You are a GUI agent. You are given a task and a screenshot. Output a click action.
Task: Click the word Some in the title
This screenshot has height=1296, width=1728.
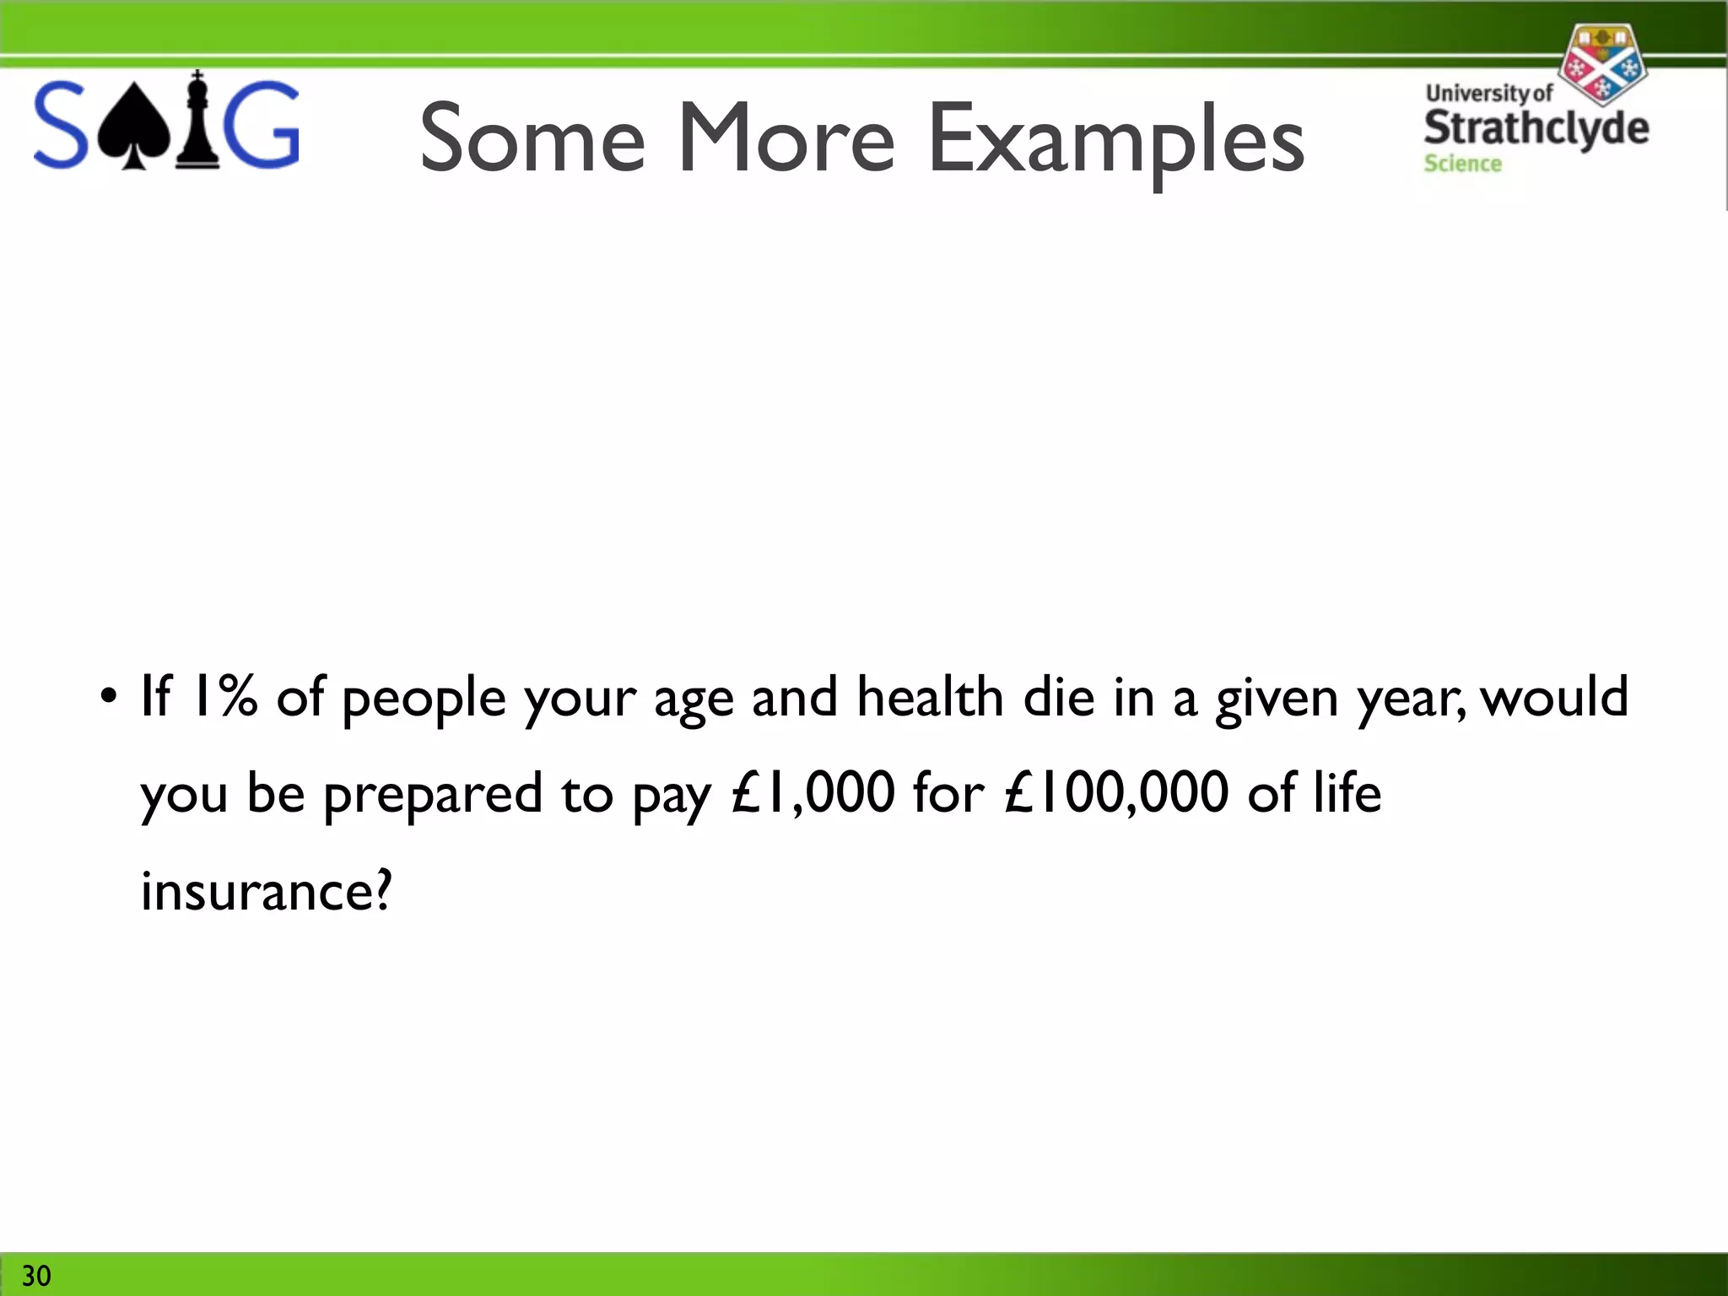(x=532, y=139)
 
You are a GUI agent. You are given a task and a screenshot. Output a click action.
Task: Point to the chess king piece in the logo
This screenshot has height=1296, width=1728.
(x=197, y=120)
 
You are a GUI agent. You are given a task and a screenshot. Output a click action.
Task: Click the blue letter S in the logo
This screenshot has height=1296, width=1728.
(x=60, y=125)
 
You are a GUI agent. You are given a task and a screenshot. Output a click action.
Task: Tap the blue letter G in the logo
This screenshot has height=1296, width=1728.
(x=265, y=125)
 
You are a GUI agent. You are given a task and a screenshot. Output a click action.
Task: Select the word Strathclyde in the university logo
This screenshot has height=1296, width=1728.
(x=1536, y=127)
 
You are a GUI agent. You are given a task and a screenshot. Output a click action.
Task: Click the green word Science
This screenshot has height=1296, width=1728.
(x=1462, y=164)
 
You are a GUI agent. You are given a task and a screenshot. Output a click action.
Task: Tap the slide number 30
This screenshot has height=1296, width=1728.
(x=36, y=1275)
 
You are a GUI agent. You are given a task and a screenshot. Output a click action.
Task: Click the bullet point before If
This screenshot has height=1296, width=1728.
(x=107, y=697)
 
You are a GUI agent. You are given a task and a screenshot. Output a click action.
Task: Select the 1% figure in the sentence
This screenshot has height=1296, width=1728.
(x=224, y=697)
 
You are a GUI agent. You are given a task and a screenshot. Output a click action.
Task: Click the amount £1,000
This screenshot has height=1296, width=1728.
(x=813, y=793)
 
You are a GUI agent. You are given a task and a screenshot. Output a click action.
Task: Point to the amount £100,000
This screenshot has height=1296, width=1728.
(x=1116, y=793)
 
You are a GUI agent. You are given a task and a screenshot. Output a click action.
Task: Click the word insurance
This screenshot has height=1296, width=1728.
(x=266, y=891)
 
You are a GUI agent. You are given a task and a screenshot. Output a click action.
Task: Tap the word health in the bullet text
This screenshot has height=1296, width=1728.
(x=930, y=697)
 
